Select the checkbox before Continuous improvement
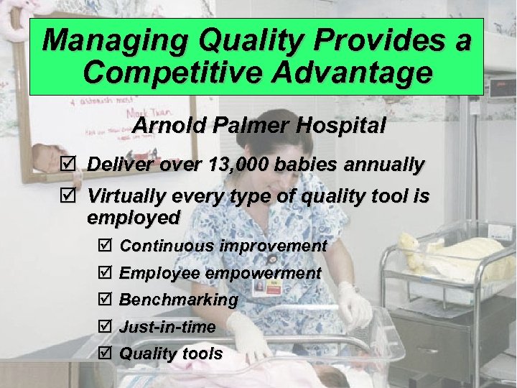[102, 246]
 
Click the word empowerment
[264, 273]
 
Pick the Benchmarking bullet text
[178, 300]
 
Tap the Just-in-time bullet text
[167, 327]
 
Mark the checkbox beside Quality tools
[102, 354]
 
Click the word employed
[134, 217]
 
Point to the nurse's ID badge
[275, 287]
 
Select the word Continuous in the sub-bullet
[167, 246]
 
